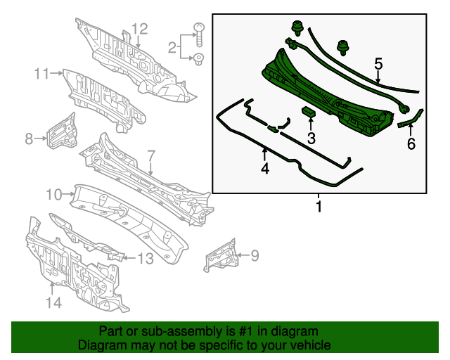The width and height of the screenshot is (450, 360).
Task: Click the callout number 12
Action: pyautogui.click(x=139, y=29)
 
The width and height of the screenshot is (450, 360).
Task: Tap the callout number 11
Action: pyautogui.click(x=42, y=72)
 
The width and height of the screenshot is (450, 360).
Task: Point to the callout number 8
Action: pyautogui.click(x=29, y=139)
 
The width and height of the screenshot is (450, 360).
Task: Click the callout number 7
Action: pyautogui.click(x=150, y=155)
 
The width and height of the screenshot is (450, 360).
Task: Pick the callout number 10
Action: pyautogui.click(x=55, y=193)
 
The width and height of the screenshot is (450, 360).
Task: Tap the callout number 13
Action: pyautogui.click(x=145, y=259)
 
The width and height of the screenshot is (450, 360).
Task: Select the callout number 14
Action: pyautogui.click(x=53, y=302)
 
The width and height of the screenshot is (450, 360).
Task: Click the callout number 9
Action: pyautogui.click(x=255, y=255)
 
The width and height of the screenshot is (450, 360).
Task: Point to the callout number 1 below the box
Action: pyautogui.click(x=319, y=207)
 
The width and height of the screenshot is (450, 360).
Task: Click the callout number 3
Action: pyautogui.click(x=311, y=138)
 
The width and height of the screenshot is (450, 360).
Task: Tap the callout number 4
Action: pyautogui.click(x=264, y=169)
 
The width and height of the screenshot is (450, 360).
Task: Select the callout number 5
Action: pyautogui.click(x=378, y=64)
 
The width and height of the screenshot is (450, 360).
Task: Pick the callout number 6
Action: pyautogui.click(x=411, y=144)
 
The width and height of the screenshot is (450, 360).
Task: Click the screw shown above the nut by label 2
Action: pyautogui.click(x=198, y=31)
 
